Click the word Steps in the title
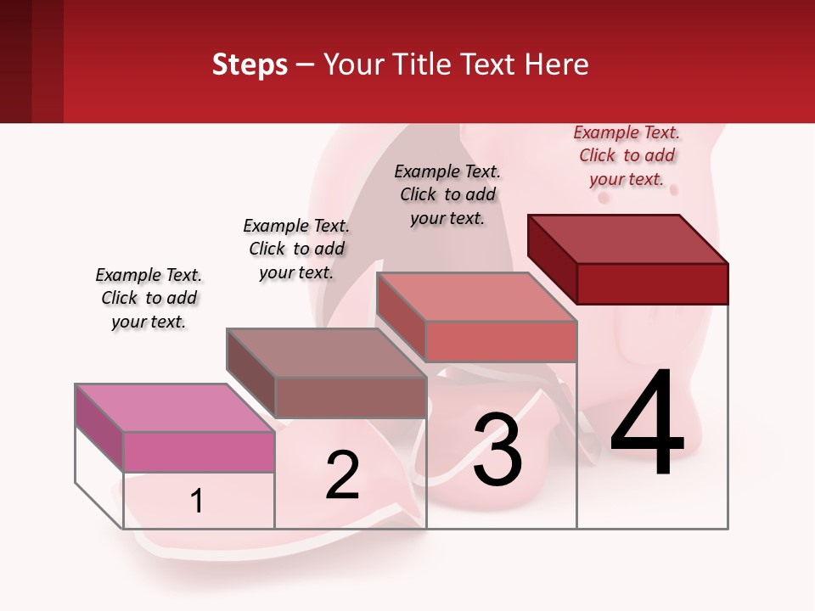[250, 64]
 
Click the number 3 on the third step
[497, 450]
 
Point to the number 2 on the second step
[342, 475]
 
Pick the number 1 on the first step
[197, 502]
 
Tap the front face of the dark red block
[652, 283]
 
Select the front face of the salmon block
[501, 341]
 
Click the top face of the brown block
[326, 353]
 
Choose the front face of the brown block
[351, 397]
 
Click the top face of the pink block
[175, 408]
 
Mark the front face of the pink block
[199, 451]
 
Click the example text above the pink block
[149, 298]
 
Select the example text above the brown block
[296, 249]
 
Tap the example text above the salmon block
[447, 194]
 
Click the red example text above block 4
[627, 155]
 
